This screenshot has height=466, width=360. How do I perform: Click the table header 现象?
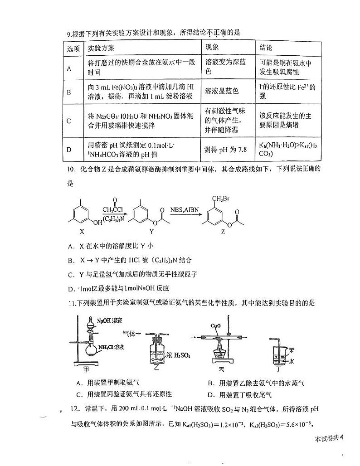[212, 48]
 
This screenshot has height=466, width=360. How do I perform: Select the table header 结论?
[266, 48]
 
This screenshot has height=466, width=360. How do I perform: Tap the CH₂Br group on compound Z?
[219, 199]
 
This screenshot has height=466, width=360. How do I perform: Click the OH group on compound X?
[97, 222]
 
